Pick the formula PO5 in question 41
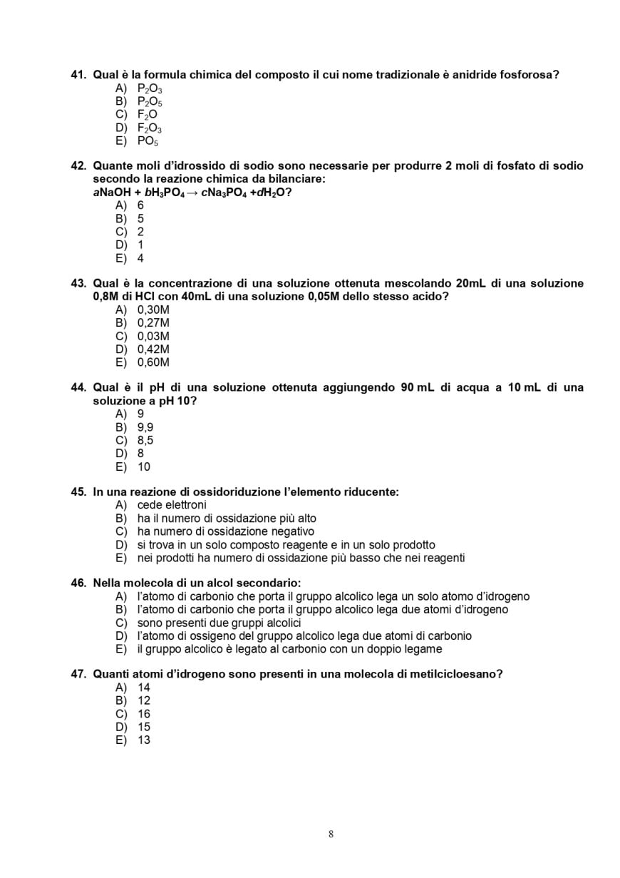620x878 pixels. pos(148,141)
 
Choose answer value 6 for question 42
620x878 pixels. pos(140,205)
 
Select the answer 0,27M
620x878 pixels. pos(153,323)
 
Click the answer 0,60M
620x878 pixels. pos(153,362)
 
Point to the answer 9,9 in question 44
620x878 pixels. pos(145,427)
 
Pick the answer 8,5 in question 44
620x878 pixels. pos(145,440)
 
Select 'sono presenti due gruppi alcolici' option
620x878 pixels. pos(219,623)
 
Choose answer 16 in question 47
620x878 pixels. pos(144,714)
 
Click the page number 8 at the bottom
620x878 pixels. pos(331,834)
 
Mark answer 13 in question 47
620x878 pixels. pos(144,740)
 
